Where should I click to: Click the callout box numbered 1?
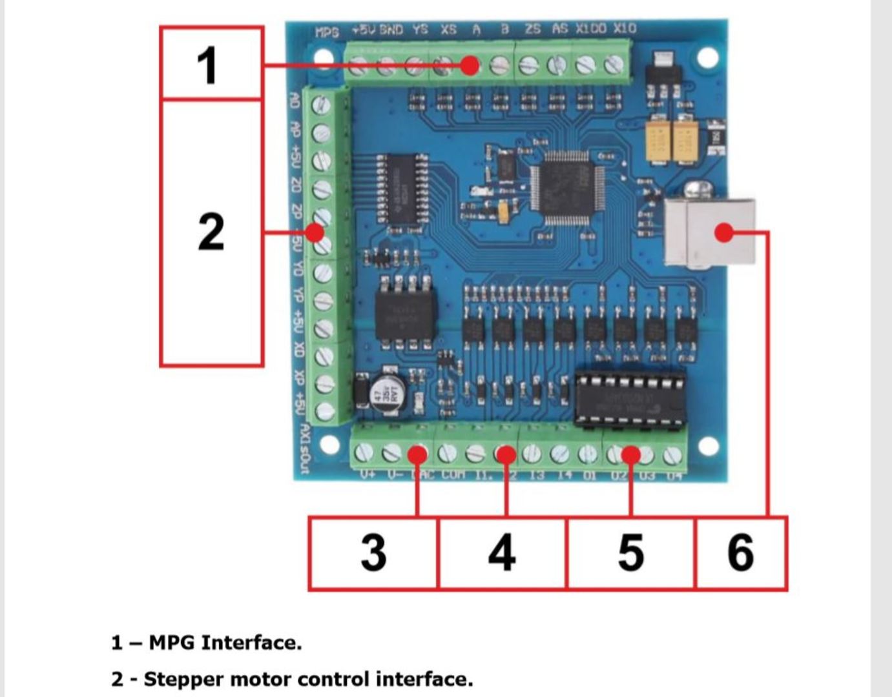(211, 63)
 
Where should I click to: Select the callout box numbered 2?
(211, 232)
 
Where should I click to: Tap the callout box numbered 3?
(373, 553)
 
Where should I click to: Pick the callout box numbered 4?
(502, 553)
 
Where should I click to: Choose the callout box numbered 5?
(630, 553)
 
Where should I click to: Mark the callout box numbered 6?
(740, 553)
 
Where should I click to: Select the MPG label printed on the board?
(327, 32)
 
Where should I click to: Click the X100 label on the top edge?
(591, 28)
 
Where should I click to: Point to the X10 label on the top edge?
(625, 28)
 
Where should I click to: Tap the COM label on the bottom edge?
(453, 475)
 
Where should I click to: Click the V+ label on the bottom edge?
(367, 475)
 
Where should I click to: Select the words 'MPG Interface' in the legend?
(225, 643)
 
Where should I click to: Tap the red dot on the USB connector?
(725, 232)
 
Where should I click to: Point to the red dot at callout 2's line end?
(315, 232)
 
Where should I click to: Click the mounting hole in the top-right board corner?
(707, 57)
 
